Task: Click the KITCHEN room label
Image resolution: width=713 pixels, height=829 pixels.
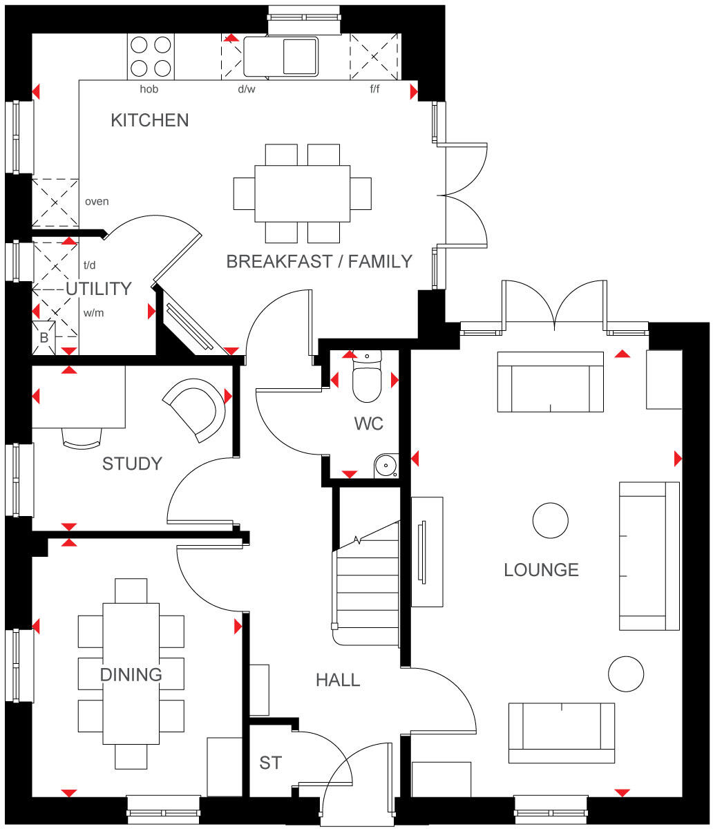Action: tap(149, 120)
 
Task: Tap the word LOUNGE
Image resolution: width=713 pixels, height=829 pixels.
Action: tap(541, 570)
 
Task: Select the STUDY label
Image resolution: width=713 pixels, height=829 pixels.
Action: tap(132, 464)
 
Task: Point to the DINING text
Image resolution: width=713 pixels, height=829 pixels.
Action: tap(131, 675)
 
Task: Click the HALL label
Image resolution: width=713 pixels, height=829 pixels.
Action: tap(338, 680)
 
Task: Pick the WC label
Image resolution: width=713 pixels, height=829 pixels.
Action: tap(368, 424)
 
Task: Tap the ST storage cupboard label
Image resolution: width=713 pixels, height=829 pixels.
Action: tap(270, 763)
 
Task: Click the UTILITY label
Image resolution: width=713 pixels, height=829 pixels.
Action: tap(98, 289)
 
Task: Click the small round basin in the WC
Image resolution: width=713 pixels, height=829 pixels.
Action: tap(386, 467)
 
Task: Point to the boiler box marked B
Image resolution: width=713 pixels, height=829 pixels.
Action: tap(44, 336)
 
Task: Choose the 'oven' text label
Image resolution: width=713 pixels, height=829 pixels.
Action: tap(97, 202)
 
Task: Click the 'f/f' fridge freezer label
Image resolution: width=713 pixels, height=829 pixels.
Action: tap(374, 89)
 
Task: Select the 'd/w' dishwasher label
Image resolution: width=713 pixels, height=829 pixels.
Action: tap(246, 89)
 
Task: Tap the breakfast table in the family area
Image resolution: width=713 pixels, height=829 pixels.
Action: tap(303, 193)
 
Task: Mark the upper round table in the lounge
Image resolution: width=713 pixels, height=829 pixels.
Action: tap(551, 520)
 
